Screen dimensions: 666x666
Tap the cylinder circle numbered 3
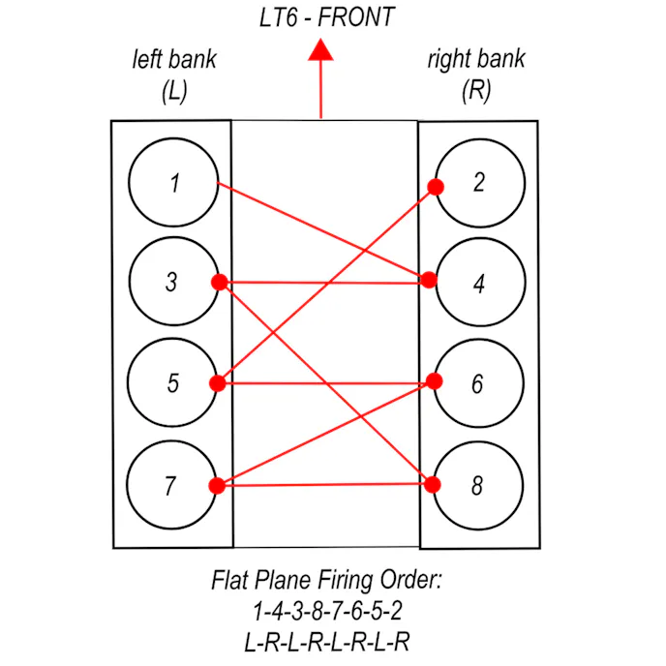171,283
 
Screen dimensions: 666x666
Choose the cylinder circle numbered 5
172,383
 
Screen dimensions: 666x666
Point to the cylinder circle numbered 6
477,383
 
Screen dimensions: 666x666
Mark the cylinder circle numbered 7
171,484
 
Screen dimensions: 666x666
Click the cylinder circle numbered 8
477,485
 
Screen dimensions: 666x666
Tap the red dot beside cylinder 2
436,187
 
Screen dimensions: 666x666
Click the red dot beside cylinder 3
219,282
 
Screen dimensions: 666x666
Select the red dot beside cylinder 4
429,281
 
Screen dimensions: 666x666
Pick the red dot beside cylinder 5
218,383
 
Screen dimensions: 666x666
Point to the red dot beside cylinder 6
435,381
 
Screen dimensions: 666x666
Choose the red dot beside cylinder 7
217,485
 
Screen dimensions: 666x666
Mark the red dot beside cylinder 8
435,485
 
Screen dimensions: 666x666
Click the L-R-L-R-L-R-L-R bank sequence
326,640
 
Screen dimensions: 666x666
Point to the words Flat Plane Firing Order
326,583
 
